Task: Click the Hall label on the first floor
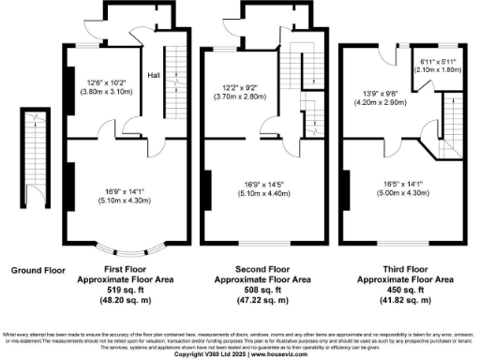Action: pos(154,76)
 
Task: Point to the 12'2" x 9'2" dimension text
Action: pos(242,87)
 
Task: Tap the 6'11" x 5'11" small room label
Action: pos(438,61)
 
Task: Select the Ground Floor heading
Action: pos(37,271)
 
